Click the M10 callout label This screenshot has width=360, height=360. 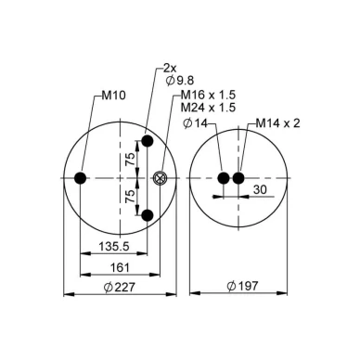click(114, 96)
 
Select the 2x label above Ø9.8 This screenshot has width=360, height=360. click(170, 69)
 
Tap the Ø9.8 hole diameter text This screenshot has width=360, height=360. click(180, 81)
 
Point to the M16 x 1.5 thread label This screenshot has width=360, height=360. click(208, 95)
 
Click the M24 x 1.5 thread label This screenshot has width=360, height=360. click(208, 108)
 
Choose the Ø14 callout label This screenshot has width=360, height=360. click(195, 123)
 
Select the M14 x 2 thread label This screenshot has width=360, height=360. click(277, 123)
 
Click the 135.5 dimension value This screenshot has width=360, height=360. click(114, 247)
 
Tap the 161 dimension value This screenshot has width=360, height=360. click(120, 267)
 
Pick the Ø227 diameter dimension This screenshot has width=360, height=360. click(120, 288)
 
